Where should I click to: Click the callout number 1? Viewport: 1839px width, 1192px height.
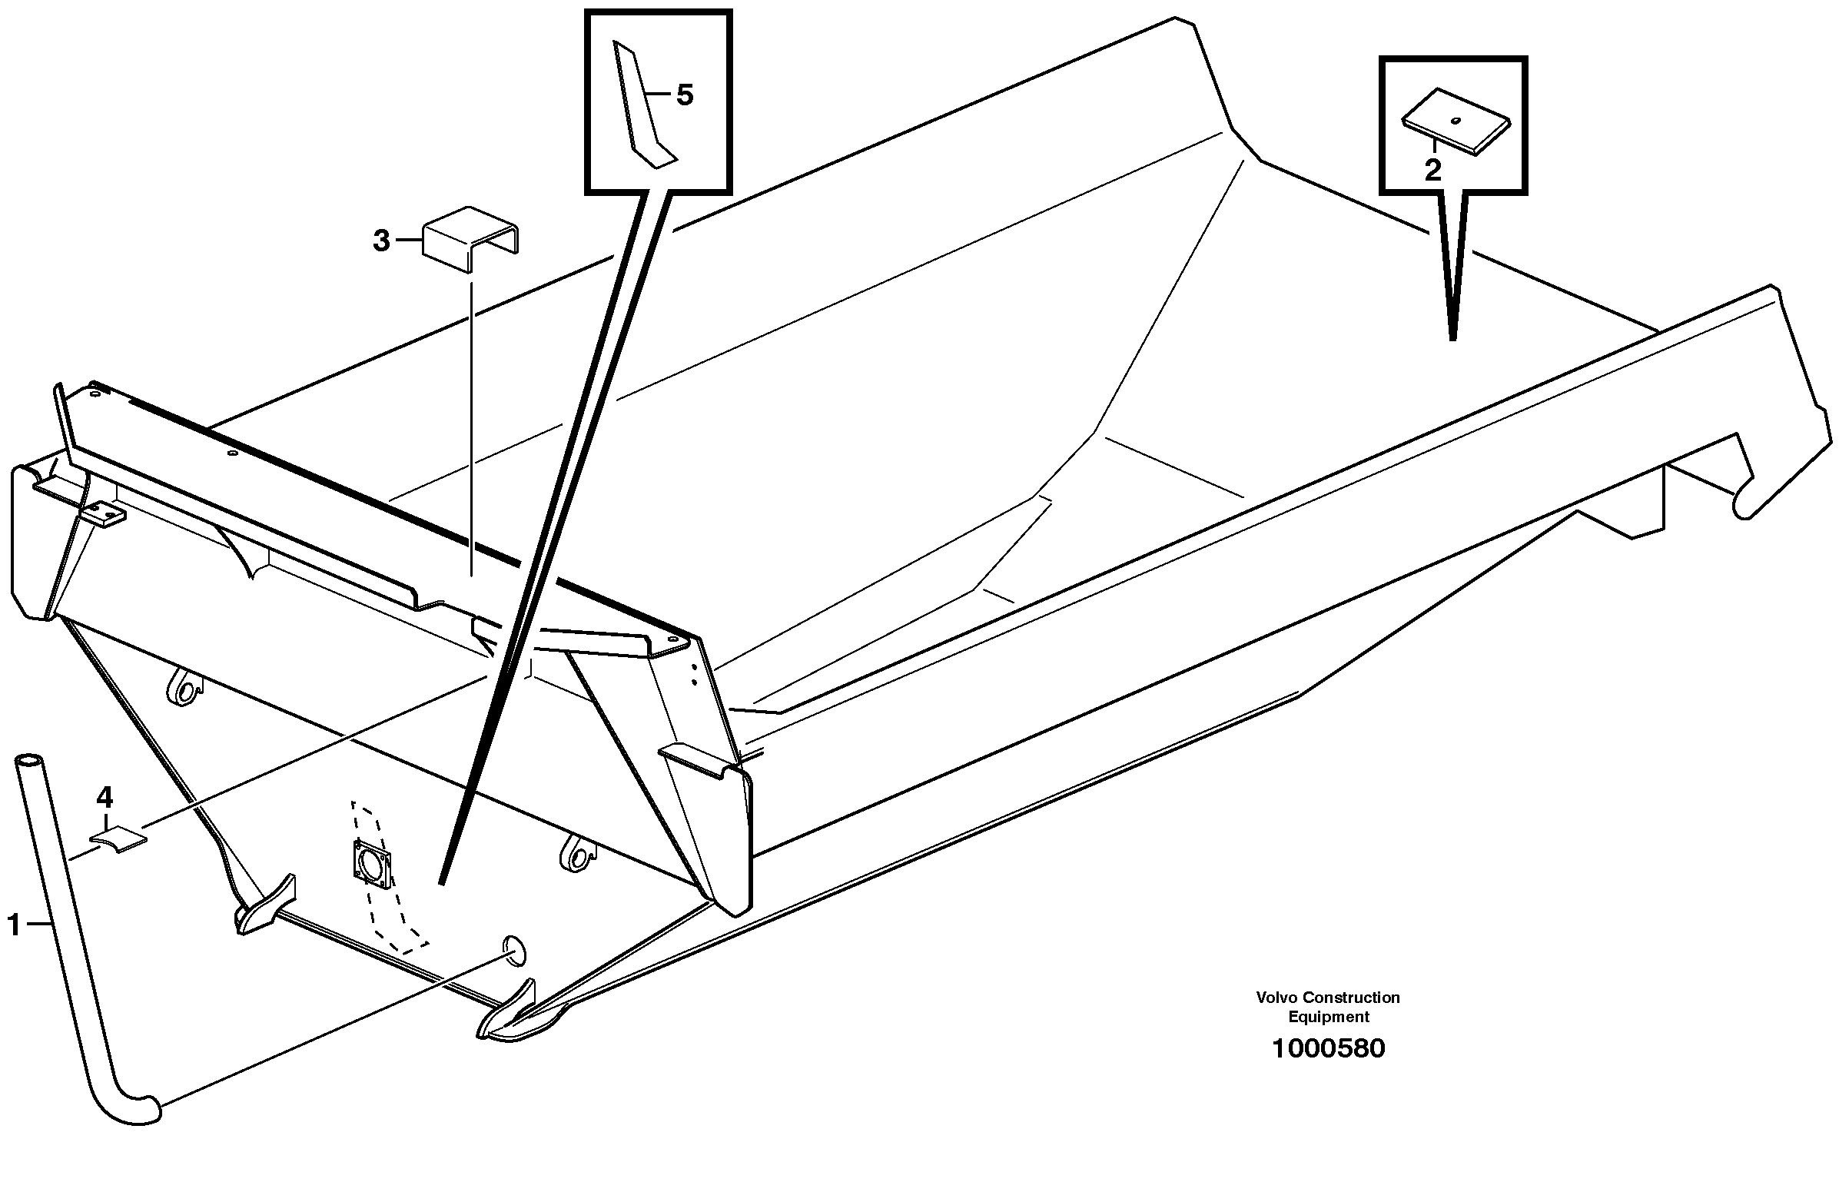click(13, 925)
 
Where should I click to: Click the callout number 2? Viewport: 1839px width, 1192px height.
click(1432, 171)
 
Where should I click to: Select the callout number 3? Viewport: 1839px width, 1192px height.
click(381, 241)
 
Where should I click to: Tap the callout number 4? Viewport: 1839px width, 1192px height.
click(105, 796)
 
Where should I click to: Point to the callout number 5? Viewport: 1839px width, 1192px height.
click(685, 96)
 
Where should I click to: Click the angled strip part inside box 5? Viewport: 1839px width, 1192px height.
click(639, 108)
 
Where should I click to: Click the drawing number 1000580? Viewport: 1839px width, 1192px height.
click(1327, 1049)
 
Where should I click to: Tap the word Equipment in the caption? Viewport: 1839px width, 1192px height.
click(1328, 1018)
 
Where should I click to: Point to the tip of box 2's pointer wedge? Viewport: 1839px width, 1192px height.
click(1452, 337)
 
